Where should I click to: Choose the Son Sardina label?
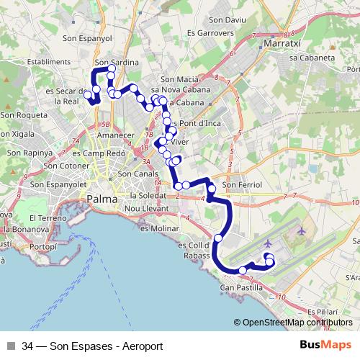[116, 63]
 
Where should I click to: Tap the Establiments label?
[48, 62]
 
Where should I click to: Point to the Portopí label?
[42, 246]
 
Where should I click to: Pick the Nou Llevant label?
[146, 209]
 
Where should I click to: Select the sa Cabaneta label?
[312, 57]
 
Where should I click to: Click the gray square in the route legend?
[12, 346]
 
